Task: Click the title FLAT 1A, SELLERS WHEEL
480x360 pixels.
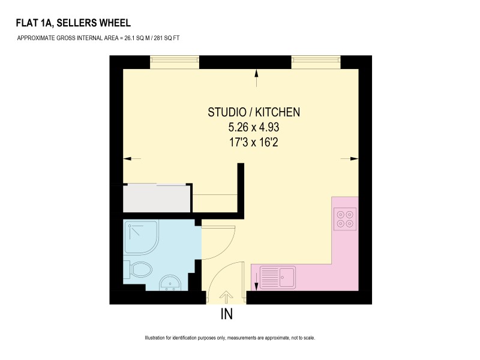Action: click(x=73, y=23)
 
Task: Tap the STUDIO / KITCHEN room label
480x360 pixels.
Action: click(x=254, y=112)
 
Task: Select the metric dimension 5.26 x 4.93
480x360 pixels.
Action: click(x=254, y=127)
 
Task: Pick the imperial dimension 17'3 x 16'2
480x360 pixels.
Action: click(x=254, y=142)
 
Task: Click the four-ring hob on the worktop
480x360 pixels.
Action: click(x=345, y=219)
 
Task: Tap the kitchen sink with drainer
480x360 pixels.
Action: click(x=278, y=277)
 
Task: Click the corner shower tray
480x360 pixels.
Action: click(x=141, y=236)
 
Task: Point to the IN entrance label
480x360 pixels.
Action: click(x=227, y=314)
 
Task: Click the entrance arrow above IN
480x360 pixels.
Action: click(x=226, y=297)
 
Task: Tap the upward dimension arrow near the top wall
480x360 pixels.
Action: click(x=257, y=78)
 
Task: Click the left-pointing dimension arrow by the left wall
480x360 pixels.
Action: click(x=132, y=158)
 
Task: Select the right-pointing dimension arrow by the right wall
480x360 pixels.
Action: click(x=350, y=158)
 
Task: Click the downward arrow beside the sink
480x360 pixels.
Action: click(x=257, y=281)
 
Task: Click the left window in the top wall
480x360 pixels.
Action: click(x=175, y=62)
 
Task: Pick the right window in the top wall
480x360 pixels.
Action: click(x=316, y=62)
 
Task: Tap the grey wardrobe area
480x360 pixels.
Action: click(x=157, y=199)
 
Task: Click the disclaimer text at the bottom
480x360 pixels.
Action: click(x=230, y=338)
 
